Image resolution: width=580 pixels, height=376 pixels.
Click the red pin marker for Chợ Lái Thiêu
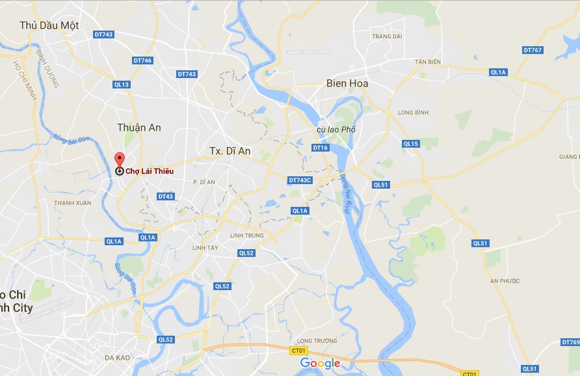point(119,161)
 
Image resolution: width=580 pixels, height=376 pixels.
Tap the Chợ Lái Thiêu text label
point(150,171)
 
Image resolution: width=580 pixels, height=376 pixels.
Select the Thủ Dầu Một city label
point(49,25)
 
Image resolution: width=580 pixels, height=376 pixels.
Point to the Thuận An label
point(139,128)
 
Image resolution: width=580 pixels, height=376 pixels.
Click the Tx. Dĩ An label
point(230,150)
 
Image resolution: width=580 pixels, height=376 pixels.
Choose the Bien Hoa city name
point(347,83)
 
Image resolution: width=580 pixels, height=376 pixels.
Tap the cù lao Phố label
point(336,129)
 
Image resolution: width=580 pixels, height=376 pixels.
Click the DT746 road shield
point(142,60)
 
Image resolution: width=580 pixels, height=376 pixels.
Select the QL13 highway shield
point(122,85)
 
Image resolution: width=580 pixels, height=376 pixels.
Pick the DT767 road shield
point(533,50)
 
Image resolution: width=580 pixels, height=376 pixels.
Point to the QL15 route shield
point(411,144)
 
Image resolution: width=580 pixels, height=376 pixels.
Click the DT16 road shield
point(321,148)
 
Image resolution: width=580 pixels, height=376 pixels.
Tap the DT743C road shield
point(300,180)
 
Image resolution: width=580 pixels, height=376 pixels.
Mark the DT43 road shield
point(165,196)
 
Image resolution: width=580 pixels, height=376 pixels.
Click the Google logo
point(320,363)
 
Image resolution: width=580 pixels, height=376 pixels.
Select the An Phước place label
point(505,281)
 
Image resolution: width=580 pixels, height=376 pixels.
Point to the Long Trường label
point(310,341)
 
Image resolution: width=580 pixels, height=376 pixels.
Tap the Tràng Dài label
point(387,36)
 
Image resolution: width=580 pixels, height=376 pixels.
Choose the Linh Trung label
point(246,235)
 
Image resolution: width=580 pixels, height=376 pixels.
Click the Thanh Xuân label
point(73,203)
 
